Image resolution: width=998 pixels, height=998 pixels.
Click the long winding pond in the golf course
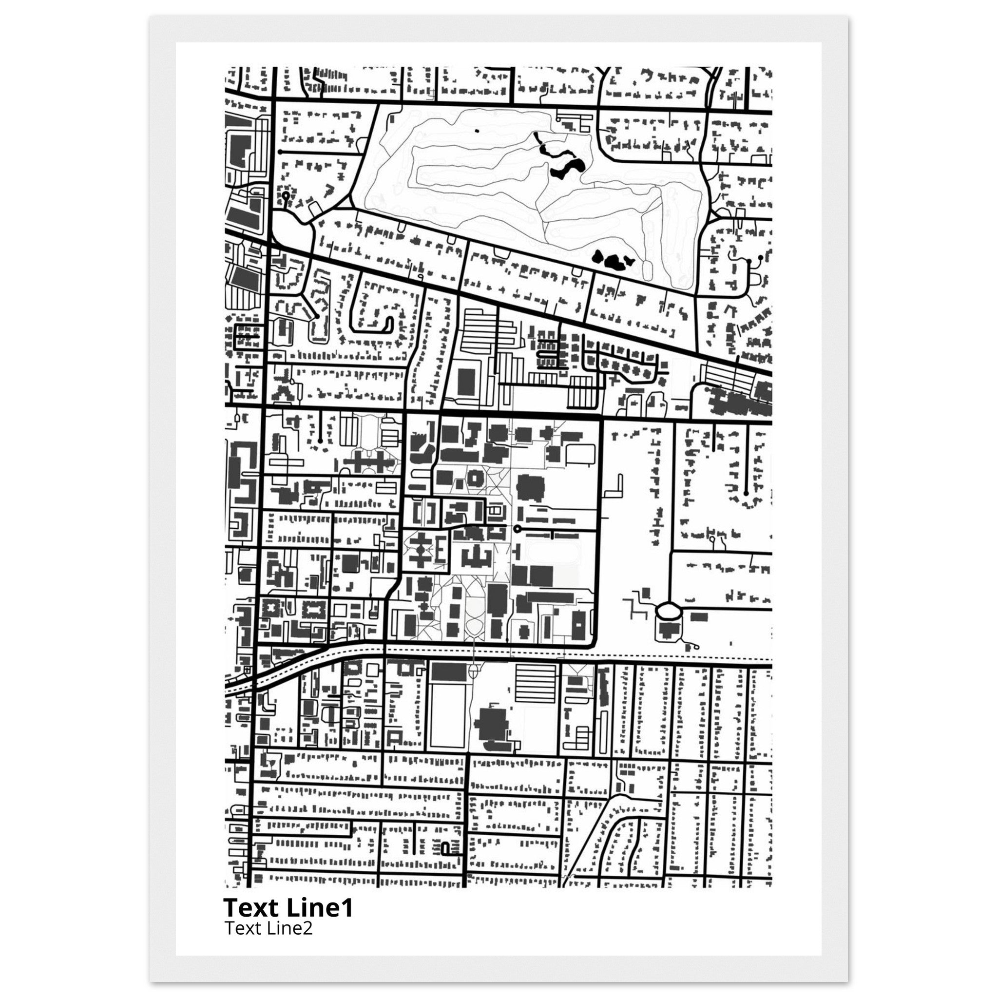(x=560, y=163)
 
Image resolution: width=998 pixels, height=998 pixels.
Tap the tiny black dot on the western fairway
(x=477, y=131)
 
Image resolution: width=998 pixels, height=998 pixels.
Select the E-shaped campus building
(x=441, y=552)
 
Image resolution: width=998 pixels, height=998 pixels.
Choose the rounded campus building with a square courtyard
(x=474, y=479)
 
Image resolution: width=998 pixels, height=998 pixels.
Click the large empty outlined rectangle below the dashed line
(x=447, y=715)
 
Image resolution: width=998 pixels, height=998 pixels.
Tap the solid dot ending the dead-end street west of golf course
(x=279, y=152)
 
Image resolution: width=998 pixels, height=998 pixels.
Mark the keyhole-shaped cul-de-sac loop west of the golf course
(x=286, y=196)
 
